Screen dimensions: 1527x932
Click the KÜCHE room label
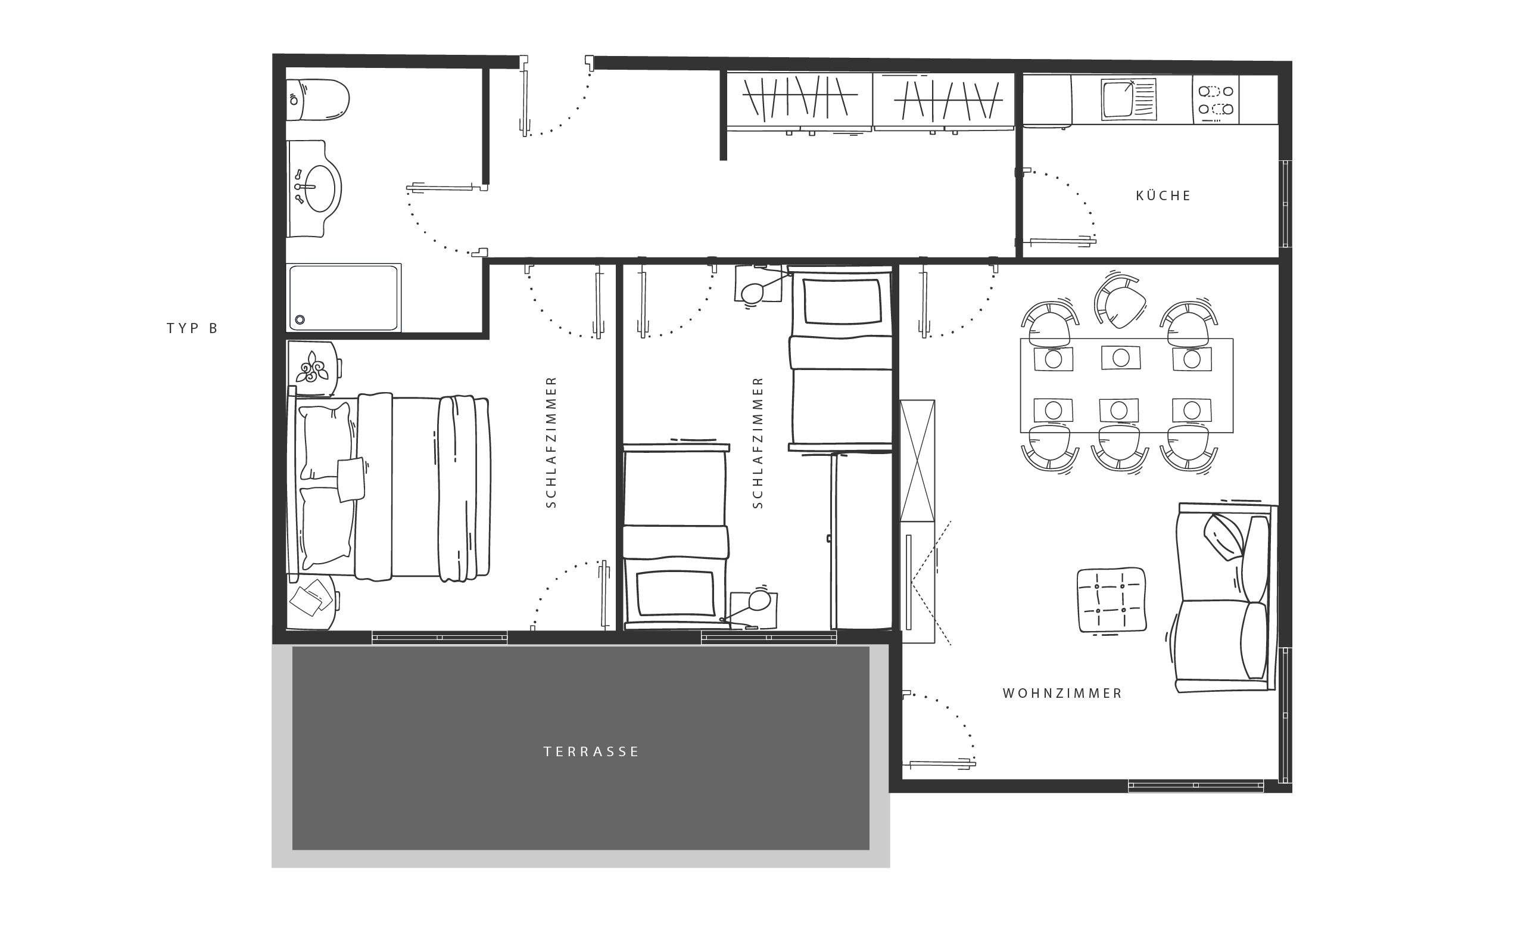[x=1163, y=196]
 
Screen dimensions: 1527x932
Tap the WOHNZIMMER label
[x=1063, y=693]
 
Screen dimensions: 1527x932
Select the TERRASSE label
[x=591, y=751]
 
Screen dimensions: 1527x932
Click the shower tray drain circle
[x=300, y=319]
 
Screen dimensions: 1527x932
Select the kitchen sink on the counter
[x=1129, y=99]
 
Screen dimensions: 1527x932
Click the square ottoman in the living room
[x=1112, y=600]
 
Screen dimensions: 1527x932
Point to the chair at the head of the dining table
[x=1119, y=303]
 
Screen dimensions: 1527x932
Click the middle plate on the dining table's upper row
[x=1120, y=357]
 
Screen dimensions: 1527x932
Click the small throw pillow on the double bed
[x=351, y=479]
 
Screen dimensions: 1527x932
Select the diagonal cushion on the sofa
[x=1223, y=537]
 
